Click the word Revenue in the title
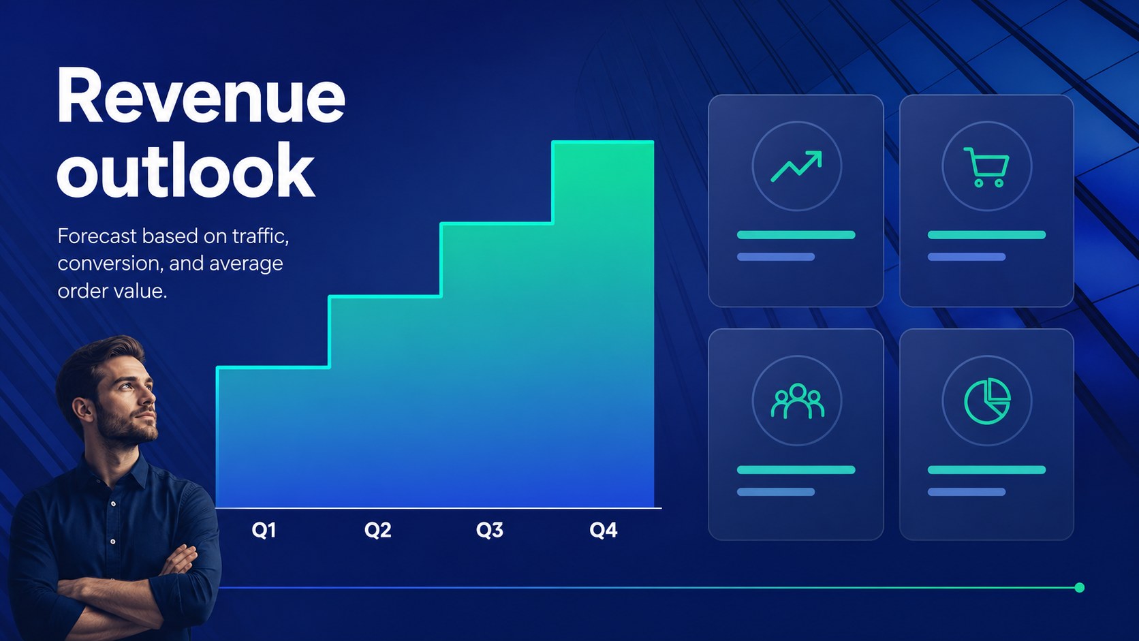point(201,95)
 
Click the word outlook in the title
point(185,170)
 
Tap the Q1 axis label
point(264,530)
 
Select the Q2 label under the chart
point(378,530)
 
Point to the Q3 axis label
point(490,530)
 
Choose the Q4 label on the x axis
point(604,530)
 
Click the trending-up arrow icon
point(796,166)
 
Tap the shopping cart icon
point(986,168)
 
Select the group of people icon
point(797,401)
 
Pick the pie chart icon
point(987,401)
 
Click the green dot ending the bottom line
point(1080,588)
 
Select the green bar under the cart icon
point(986,235)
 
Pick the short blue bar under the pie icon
point(967,492)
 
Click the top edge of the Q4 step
point(603,142)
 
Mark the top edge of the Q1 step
point(273,367)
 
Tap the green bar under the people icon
point(796,470)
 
